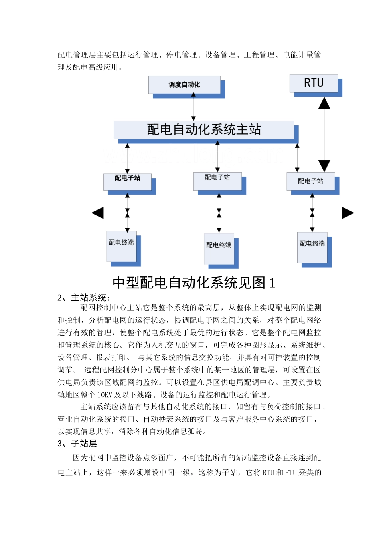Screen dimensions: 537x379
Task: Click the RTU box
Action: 314,84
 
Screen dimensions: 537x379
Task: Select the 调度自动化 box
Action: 184,85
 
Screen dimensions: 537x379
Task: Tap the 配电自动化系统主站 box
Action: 204,130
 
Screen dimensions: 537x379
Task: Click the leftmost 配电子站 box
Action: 127,182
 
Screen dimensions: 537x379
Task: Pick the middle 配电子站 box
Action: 217,181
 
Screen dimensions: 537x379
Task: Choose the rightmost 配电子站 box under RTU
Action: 310,181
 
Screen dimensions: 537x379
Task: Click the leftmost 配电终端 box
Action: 121,246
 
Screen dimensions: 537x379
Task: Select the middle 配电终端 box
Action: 219,249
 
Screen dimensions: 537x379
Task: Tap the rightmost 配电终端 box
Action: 312,247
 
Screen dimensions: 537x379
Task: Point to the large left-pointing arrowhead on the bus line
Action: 98,213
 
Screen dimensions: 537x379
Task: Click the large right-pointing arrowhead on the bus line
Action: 348,213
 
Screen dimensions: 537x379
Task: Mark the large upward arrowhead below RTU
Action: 324,103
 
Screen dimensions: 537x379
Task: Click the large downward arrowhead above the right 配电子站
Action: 324,165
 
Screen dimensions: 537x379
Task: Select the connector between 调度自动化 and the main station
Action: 193,107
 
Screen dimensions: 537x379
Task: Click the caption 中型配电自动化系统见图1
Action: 194,283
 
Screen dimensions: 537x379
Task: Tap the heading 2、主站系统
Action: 84,298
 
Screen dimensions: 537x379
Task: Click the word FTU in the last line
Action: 291,473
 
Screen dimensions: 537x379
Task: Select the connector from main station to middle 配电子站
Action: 217,156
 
